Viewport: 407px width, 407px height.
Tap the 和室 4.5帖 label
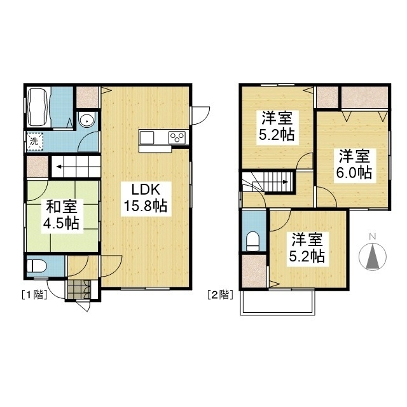pos(61,214)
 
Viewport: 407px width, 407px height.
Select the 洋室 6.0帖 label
pos(354,165)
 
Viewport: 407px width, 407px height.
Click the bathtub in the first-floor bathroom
pos(38,107)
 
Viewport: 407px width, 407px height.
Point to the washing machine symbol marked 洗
pos(35,142)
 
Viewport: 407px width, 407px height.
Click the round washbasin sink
pos(87,120)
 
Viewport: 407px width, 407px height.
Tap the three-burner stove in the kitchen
pos(177,137)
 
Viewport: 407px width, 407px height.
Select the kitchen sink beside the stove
pos(147,137)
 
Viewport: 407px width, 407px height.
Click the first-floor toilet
pos(37,266)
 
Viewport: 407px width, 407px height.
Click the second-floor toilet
pos(252,242)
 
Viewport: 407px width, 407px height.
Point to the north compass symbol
pos(373,256)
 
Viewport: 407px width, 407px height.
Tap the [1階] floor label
pos(34,295)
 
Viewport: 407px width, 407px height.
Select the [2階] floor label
pos(220,295)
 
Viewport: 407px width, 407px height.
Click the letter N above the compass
pos(373,236)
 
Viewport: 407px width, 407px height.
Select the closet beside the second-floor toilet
pos(254,272)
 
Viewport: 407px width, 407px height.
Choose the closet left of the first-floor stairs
pos(38,166)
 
